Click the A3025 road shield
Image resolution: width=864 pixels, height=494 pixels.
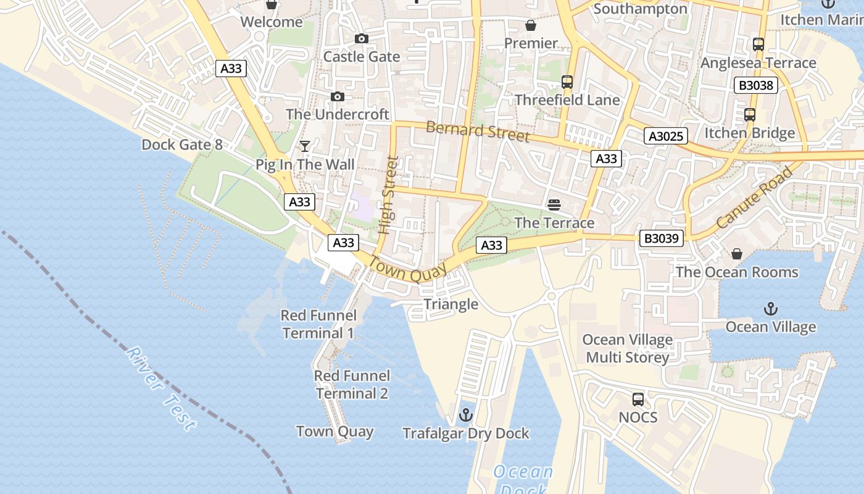tap(666, 136)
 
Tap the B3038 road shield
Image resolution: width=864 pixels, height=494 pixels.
tap(755, 85)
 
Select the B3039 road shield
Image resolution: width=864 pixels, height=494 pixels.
tap(661, 238)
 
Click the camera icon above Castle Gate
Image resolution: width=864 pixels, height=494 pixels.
tap(362, 39)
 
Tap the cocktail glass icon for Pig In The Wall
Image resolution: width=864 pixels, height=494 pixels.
tap(305, 146)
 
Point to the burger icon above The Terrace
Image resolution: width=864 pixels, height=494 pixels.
tap(554, 204)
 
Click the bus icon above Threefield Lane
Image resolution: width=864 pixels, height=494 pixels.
tap(567, 82)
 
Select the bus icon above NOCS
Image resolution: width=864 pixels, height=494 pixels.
tap(638, 400)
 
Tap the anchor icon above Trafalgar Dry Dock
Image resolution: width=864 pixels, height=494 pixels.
tap(466, 415)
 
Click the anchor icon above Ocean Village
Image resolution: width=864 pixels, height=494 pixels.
tap(770, 309)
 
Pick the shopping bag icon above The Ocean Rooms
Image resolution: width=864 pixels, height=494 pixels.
tap(736, 254)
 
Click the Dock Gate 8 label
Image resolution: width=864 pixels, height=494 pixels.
tap(182, 145)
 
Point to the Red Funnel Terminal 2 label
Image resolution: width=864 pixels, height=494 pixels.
tap(352, 385)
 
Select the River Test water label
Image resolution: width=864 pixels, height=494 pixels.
tap(162, 389)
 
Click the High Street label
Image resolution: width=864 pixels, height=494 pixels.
tap(388, 195)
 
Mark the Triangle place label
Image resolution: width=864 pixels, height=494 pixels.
tap(451, 304)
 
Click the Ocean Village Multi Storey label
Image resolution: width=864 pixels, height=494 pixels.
tap(628, 349)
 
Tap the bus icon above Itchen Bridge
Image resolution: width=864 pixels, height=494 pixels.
tap(749, 115)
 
